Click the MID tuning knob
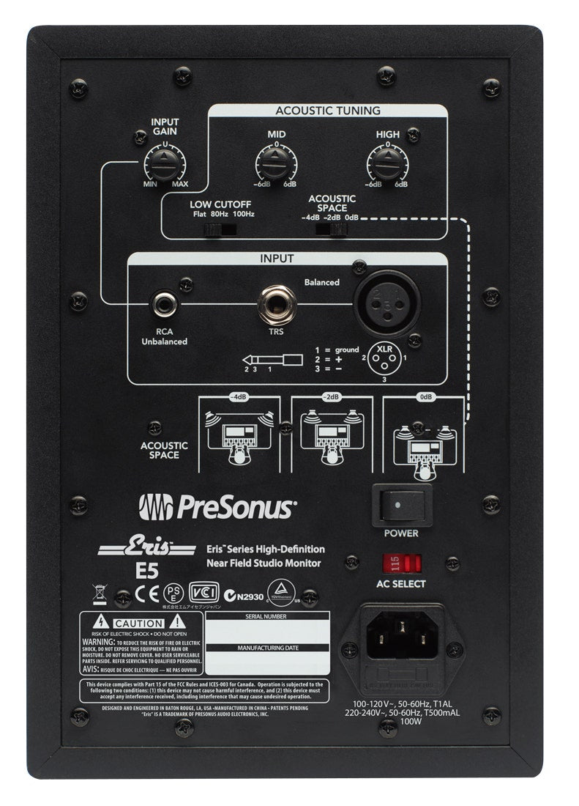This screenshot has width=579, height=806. pyautogui.click(x=277, y=160)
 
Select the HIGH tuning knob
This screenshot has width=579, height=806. pyautogui.click(x=387, y=160)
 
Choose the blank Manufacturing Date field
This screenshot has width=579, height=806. pyautogui.click(x=266, y=662)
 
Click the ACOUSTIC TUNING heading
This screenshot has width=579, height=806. pyautogui.click(x=327, y=111)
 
